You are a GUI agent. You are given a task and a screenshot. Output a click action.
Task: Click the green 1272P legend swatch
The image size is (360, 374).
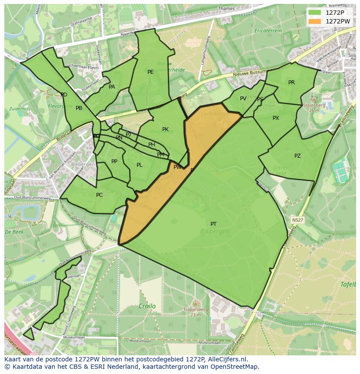(x=315, y=13)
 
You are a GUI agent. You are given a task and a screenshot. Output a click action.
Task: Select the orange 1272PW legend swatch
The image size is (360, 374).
(x=315, y=21)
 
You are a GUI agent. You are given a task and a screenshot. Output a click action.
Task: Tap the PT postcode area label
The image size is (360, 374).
(x=213, y=224)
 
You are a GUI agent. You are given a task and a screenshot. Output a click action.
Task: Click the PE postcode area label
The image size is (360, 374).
(x=150, y=72)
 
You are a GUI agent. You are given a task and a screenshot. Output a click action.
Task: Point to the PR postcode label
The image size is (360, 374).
(x=291, y=83)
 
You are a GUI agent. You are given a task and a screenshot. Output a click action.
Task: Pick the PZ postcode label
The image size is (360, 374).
(x=297, y=156)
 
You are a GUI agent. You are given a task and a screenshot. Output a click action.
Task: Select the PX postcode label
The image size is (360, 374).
(x=276, y=118)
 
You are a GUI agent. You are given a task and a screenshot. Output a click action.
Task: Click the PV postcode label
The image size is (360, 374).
(x=243, y=99)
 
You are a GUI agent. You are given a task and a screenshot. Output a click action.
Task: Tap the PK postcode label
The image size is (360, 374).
(x=165, y=129)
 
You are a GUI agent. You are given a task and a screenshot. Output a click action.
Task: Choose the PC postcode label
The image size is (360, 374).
(x=99, y=195)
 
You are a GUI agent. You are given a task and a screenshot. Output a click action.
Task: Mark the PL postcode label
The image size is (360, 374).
(x=140, y=165)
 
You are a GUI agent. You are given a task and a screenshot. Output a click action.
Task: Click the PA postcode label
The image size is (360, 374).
(x=112, y=87)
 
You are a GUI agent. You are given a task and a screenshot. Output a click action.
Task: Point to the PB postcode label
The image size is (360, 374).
(x=79, y=108)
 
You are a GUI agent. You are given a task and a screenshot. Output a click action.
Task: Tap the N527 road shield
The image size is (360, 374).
(x=297, y=220)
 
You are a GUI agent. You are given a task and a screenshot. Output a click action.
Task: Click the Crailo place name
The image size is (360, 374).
(x=147, y=306)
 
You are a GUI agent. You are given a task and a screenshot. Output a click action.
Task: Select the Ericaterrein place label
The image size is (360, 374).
(x=268, y=31)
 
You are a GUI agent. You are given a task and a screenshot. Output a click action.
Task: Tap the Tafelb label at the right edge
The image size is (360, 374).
(x=348, y=285)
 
